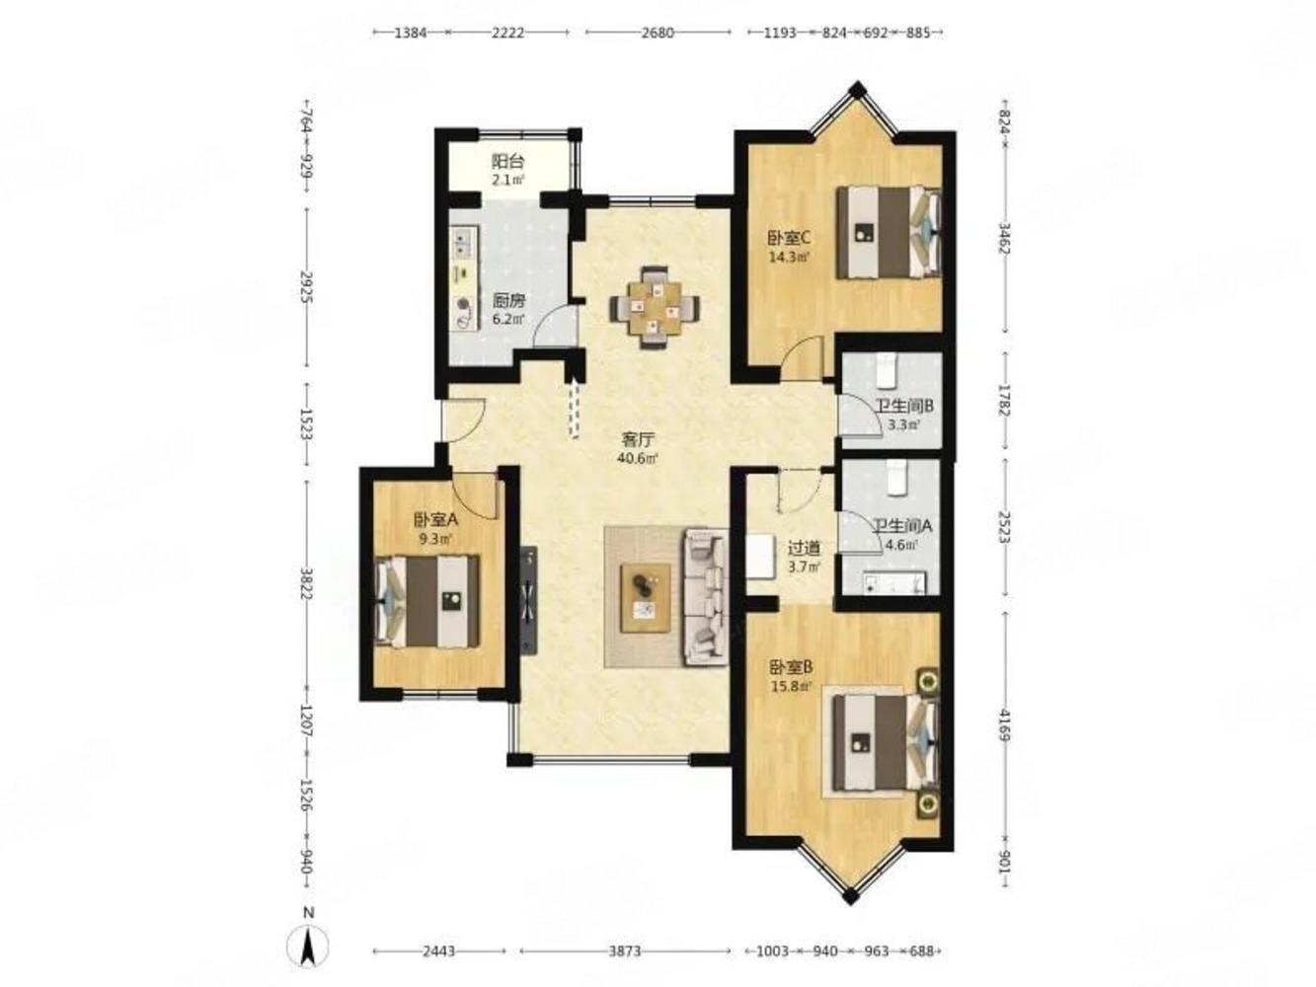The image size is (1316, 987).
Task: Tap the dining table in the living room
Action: coord(655,308)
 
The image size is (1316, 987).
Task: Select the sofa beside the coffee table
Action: coord(706,597)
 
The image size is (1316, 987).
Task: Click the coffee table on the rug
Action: coord(645,597)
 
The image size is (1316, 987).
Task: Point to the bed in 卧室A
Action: coord(426,601)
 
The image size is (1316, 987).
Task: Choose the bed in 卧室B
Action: coord(885,742)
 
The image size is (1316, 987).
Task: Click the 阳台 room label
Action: coord(507,161)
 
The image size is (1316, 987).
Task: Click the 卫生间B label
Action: coord(904,407)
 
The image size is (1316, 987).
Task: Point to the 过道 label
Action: coord(804,548)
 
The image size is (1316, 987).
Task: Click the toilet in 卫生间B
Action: coord(887,371)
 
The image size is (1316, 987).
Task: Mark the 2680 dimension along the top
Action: coord(658,33)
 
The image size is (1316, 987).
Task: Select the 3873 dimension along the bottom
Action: coord(625,951)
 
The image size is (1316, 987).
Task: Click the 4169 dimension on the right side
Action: coord(1005,725)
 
